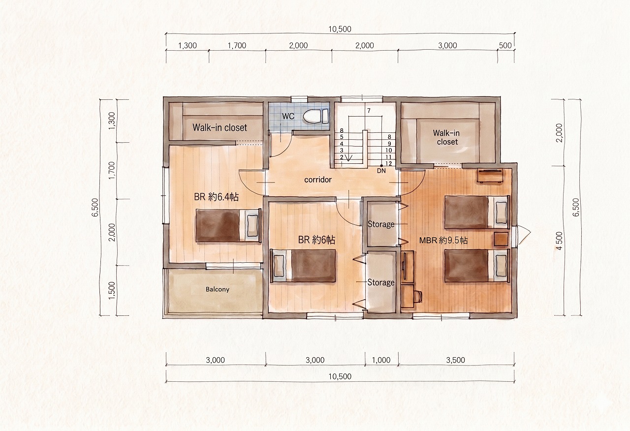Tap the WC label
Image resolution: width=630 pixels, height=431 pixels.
pos(288,116)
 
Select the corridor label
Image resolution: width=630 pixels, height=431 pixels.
pos(318,180)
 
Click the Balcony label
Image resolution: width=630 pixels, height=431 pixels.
pos(217,289)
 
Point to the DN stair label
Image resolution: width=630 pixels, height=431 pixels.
pos(381,171)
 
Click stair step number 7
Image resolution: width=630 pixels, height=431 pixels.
pos(369,111)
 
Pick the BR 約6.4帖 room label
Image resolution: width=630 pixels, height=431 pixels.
pos(216,197)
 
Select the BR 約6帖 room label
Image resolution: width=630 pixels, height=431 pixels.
pos(316,240)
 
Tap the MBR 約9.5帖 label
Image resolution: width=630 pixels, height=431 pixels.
pos(443,241)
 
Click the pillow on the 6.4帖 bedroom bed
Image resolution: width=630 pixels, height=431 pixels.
pos(252,225)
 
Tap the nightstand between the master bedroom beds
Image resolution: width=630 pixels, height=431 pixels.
pos(501,239)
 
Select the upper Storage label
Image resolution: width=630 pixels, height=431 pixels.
pos(381,224)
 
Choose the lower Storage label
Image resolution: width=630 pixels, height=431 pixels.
pos(381,282)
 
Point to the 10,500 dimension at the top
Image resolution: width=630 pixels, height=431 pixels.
pos(340,29)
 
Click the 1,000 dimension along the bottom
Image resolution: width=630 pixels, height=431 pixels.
pos(381,360)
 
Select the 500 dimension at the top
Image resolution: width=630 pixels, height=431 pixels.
pos(505,46)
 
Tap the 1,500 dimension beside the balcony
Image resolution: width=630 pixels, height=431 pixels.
pos(112,290)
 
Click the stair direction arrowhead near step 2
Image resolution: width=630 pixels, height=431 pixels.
pos(349,158)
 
